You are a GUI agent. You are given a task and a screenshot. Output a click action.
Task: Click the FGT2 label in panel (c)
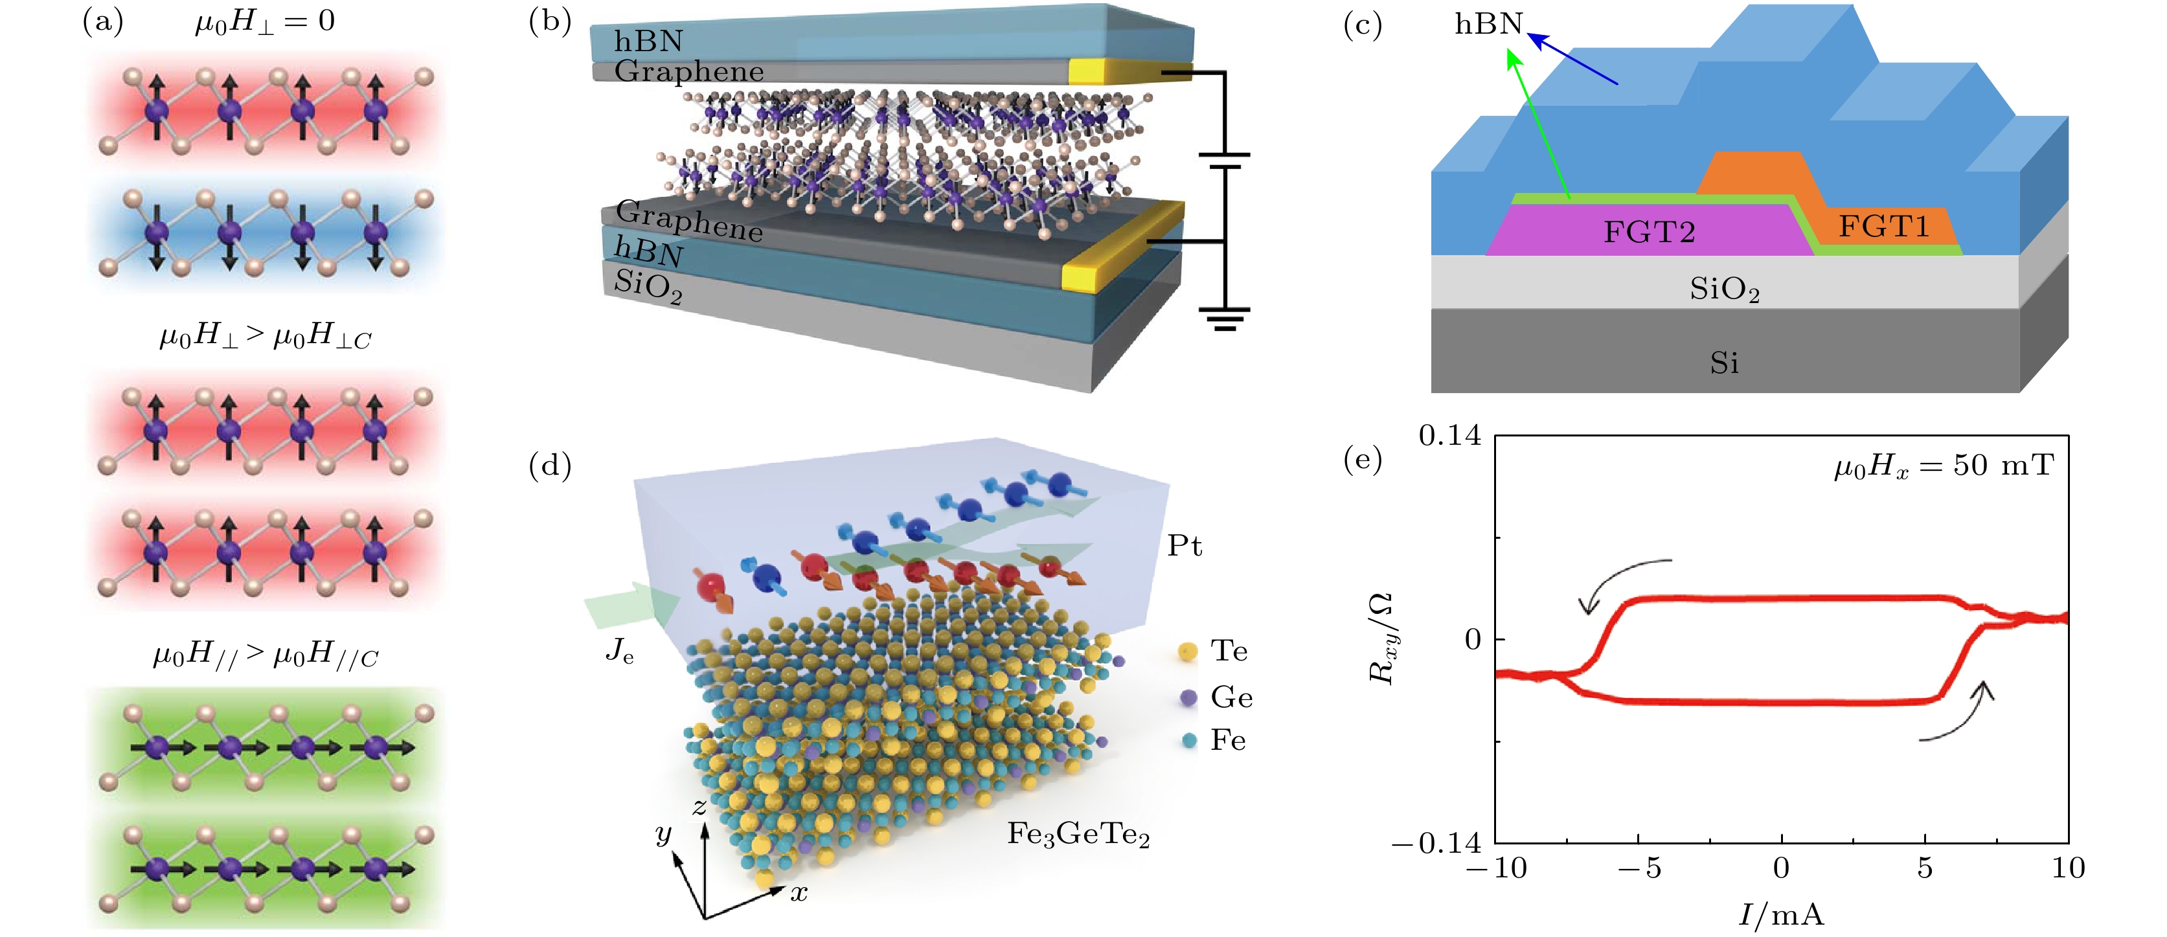tap(1649, 231)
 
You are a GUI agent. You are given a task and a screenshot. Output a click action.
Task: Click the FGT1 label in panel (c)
tap(1883, 226)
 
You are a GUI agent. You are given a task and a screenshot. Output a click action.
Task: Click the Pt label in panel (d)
tap(1185, 546)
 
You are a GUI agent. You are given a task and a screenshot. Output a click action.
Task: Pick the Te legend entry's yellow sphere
tap(1188, 651)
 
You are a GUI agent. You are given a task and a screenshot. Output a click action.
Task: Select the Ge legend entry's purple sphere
tap(1188, 697)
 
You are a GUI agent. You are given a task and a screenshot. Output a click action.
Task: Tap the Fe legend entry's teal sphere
tap(1188, 740)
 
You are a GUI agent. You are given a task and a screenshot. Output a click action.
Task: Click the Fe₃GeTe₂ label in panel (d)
tap(1078, 835)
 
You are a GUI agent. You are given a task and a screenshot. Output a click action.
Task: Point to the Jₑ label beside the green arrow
tap(619, 650)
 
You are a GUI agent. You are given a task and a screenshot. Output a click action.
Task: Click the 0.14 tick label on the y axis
tap(1449, 436)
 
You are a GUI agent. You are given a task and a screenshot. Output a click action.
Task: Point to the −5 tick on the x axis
tap(1639, 868)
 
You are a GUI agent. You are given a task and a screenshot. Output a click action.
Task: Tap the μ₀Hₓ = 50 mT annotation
tap(1943, 465)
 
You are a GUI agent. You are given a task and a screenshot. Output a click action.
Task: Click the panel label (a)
tap(102, 21)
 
